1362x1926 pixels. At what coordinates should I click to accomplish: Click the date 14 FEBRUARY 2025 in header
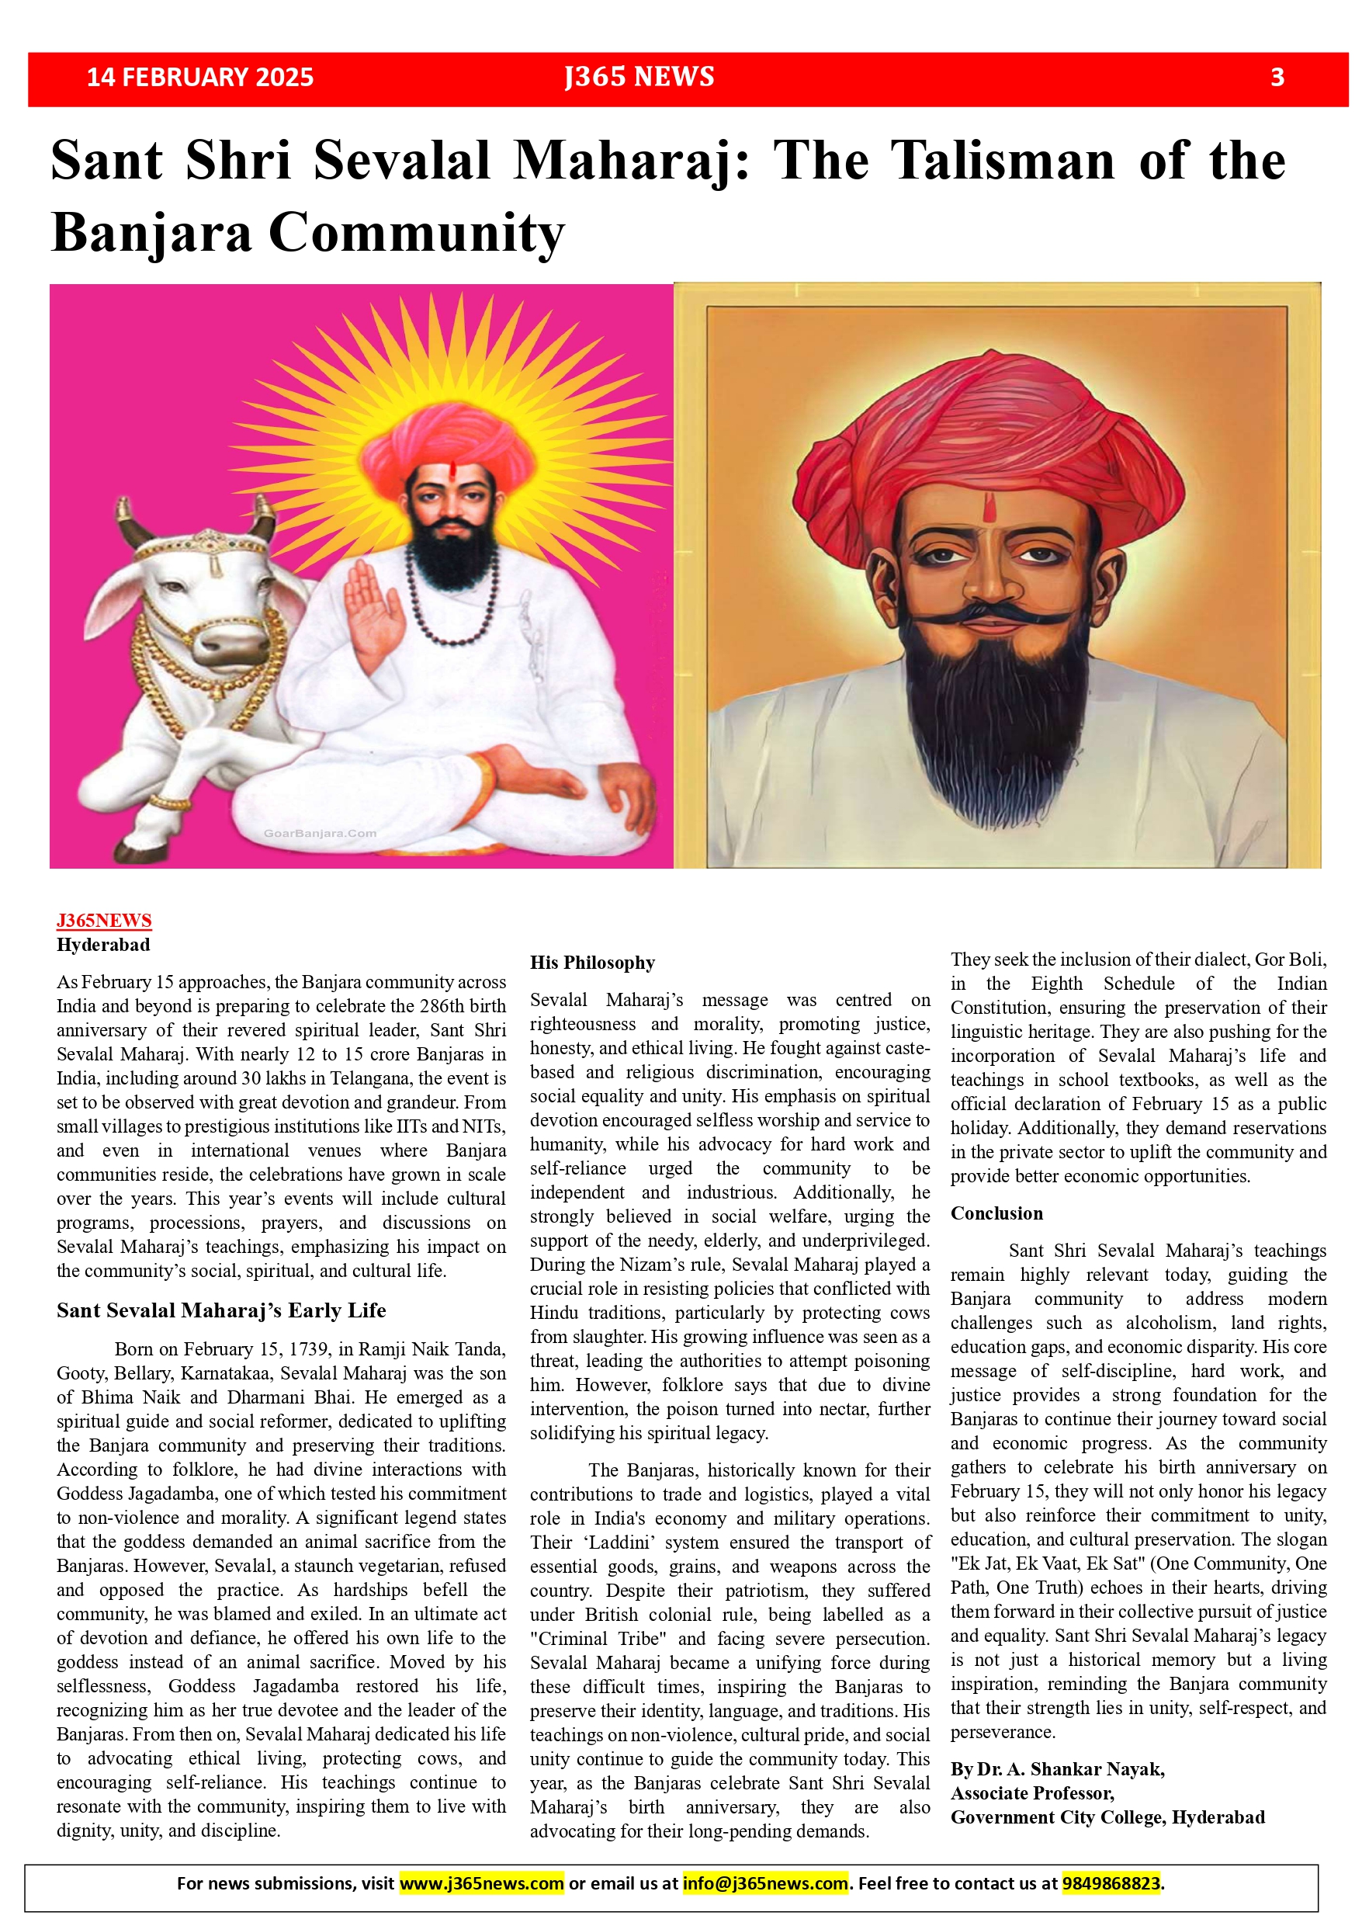[x=199, y=77]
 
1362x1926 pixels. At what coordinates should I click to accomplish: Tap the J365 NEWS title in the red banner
[x=639, y=77]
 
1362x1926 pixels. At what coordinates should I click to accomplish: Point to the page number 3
[x=1277, y=77]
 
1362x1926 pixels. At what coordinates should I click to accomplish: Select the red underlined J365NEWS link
[x=104, y=920]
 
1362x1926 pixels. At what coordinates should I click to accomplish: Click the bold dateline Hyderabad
[x=103, y=945]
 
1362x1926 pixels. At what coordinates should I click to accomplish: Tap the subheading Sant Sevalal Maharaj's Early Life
[x=221, y=1310]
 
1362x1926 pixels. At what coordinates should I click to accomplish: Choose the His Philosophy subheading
[x=592, y=962]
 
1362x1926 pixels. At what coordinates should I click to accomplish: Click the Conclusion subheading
[x=996, y=1213]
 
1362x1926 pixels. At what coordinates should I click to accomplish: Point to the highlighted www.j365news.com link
[x=481, y=1883]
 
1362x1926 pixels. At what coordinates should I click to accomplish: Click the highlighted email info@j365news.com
[x=765, y=1883]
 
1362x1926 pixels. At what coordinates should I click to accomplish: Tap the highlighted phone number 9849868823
[x=1111, y=1883]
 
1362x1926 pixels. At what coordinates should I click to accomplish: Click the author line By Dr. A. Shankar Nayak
[x=1057, y=1769]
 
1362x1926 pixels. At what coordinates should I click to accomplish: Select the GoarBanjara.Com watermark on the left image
[x=320, y=833]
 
